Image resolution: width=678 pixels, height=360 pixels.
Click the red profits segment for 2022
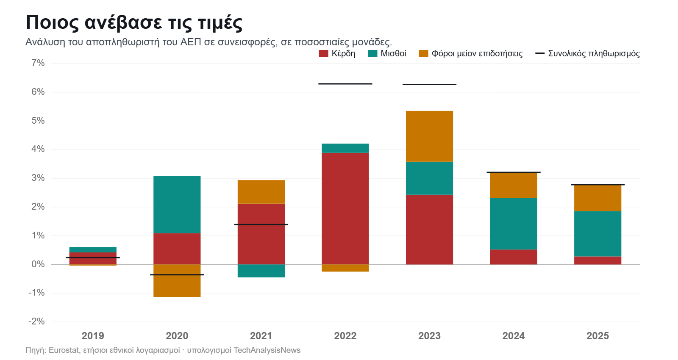[x=345, y=208]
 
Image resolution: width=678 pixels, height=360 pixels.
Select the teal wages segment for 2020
[x=177, y=205]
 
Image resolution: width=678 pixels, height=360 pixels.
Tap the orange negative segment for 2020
[x=177, y=280]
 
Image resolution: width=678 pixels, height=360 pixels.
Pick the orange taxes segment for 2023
[x=429, y=136]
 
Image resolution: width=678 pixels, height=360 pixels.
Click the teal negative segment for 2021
[x=261, y=271]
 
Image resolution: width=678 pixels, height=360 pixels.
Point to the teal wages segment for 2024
[x=514, y=224]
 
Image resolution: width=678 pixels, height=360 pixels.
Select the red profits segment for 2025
[x=598, y=260]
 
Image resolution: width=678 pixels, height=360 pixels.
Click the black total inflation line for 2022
[x=345, y=84]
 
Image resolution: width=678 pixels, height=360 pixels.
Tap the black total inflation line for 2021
[x=261, y=224]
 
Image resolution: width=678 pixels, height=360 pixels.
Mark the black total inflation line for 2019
[x=93, y=258]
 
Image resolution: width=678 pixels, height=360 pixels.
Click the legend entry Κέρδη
[x=337, y=53]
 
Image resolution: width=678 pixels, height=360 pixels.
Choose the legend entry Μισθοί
[x=387, y=53]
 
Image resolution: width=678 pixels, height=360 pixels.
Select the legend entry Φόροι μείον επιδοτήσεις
[x=471, y=53]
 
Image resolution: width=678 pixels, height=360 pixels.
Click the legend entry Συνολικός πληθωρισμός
[x=587, y=53]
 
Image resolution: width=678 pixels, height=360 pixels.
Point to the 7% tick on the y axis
[x=38, y=63]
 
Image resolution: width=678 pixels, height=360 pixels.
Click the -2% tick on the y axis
[x=36, y=321]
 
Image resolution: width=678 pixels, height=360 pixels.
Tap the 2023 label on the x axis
[x=429, y=336]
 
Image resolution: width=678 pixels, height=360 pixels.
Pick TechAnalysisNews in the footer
[x=267, y=350]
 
